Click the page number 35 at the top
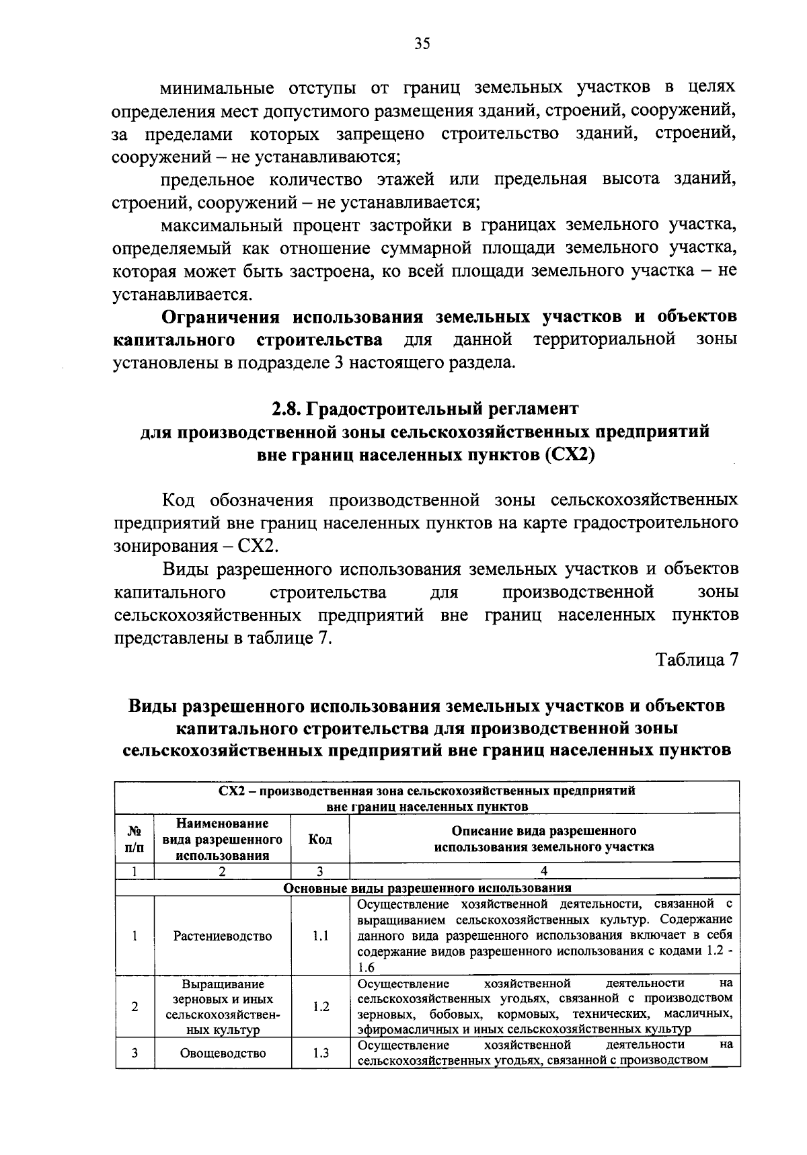[422, 44]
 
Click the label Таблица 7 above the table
[697, 660]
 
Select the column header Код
[319, 839]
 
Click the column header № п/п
[134, 839]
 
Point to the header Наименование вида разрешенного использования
[222, 839]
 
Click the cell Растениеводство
[222, 936]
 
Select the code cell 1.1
[320, 936]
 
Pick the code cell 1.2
[320, 1006]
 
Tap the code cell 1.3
[320, 1053]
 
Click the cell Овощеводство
[222, 1053]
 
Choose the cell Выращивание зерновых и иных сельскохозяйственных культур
[222, 1006]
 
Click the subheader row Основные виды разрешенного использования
[427, 887]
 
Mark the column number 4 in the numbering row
[543, 871]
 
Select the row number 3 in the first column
[134, 1053]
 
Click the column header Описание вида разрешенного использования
[543, 839]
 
